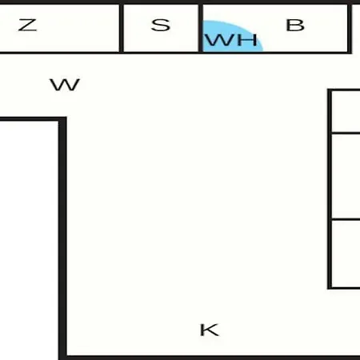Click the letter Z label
pyautogui.click(x=27, y=25)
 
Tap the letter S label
pyautogui.click(x=161, y=25)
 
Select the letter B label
pyautogui.click(x=295, y=25)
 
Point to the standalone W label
pyautogui.click(x=65, y=85)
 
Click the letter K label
pyautogui.click(x=210, y=330)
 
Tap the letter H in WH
pyautogui.click(x=248, y=40)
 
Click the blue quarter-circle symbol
pyautogui.click(x=233, y=36)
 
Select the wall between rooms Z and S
pyautogui.click(x=122, y=28)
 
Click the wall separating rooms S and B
pyautogui.click(x=201, y=28)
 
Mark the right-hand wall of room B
pyautogui.click(x=350, y=28)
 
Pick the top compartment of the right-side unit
pyautogui.click(x=346, y=111)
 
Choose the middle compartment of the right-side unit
pyautogui.click(x=346, y=176)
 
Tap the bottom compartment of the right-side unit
pyautogui.click(x=346, y=254)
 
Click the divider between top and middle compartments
pyautogui.click(x=346, y=133)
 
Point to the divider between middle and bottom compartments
pyautogui.click(x=346, y=220)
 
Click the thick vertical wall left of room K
pyautogui.click(x=62, y=238)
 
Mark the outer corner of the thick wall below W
pyautogui.click(x=66, y=117)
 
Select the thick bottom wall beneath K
pyautogui.click(x=214, y=358)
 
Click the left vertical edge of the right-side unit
pyautogui.click(x=330, y=189)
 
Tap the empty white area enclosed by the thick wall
pyautogui.click(x=29, y=240)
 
